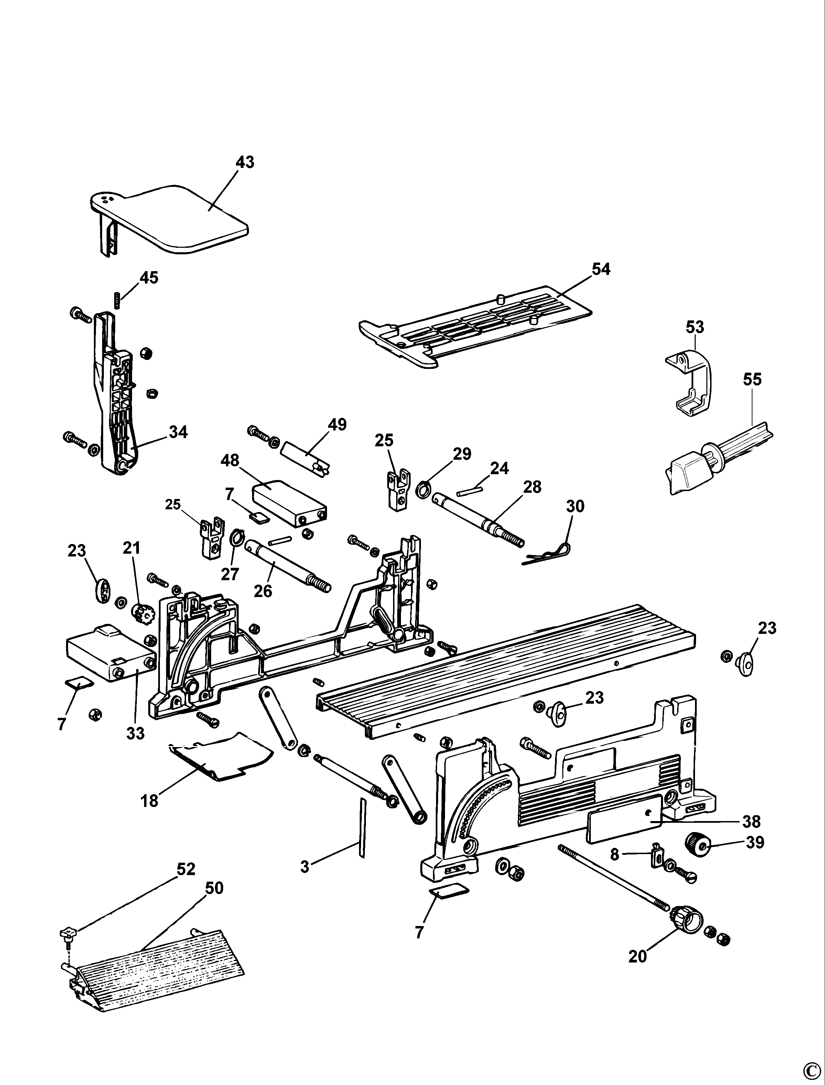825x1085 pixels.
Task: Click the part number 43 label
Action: pos(245,162)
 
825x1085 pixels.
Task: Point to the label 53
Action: pos(694,327)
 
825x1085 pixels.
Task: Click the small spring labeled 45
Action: pos(117,300)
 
